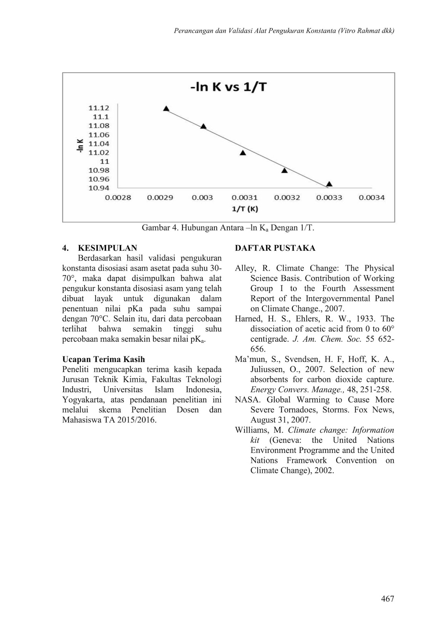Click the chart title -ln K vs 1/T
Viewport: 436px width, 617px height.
coord(228,87)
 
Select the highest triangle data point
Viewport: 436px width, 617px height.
coord(166,109)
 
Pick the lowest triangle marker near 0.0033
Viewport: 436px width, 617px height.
coord(329,184)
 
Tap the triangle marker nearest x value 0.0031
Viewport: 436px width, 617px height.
coord(243,153)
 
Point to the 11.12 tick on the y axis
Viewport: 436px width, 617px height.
coord(99,108)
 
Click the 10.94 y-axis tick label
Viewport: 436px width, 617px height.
coord(99,188)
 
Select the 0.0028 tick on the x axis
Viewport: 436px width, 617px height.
coord(118,197)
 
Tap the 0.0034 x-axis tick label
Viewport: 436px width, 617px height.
coord(372,197)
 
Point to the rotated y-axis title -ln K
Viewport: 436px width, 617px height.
coord(80,146)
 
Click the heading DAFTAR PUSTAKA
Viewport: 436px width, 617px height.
coord(275,248)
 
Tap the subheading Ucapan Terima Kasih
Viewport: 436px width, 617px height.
coord(104,359)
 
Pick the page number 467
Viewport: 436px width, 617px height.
coord(387,598)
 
